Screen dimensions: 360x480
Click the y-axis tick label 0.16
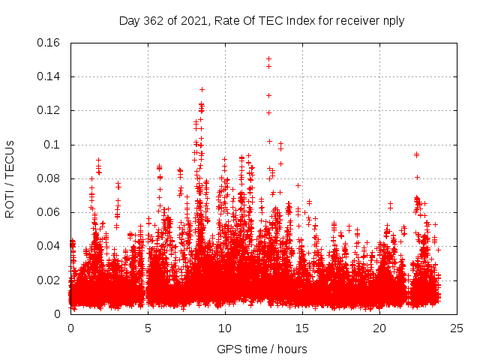[49, 43]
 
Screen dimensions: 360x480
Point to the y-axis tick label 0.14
[49, 76]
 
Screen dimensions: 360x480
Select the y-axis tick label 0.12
[49, 110]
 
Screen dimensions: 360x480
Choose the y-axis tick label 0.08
[49, 178]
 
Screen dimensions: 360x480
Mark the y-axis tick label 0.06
[49, 212]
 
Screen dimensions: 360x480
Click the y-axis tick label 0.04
[49, 246]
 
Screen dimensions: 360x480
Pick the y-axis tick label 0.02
[49, 280]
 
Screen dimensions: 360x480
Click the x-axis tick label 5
[148, 328]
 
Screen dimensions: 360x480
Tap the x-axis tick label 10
[225, 328]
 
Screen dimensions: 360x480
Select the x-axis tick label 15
[302, 328]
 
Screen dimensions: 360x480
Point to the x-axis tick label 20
[379, 328]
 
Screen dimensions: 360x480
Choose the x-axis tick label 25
[457, 328]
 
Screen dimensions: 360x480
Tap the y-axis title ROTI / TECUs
[10, 178]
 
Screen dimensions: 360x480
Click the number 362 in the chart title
[156, 21]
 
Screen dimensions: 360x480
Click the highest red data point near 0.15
[268, 58]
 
